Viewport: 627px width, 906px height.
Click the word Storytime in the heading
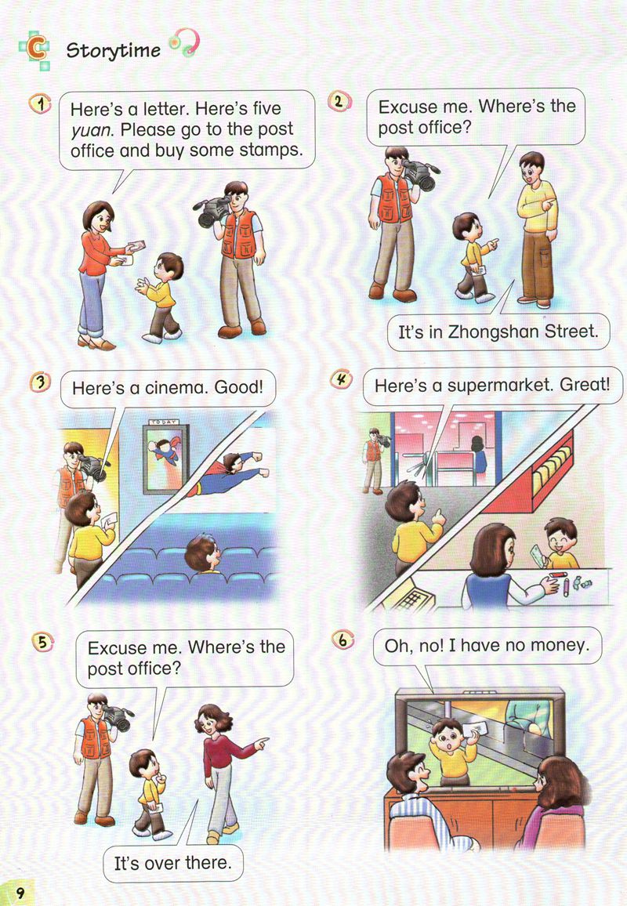(x=114, y=50)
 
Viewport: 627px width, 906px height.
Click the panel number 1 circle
(x=41, y=104)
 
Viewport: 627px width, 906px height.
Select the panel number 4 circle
(x=342, y=379)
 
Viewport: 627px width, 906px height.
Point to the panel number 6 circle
(x=343, y=640)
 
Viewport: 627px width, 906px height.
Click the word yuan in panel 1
(x=92, y=131)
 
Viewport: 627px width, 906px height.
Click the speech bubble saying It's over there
(x=172, y=863)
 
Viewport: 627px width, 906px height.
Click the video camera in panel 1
(x=212, y=210)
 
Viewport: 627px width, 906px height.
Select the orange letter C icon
(x=34, y=49)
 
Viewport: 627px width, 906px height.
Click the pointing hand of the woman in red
(x=261, y=743)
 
